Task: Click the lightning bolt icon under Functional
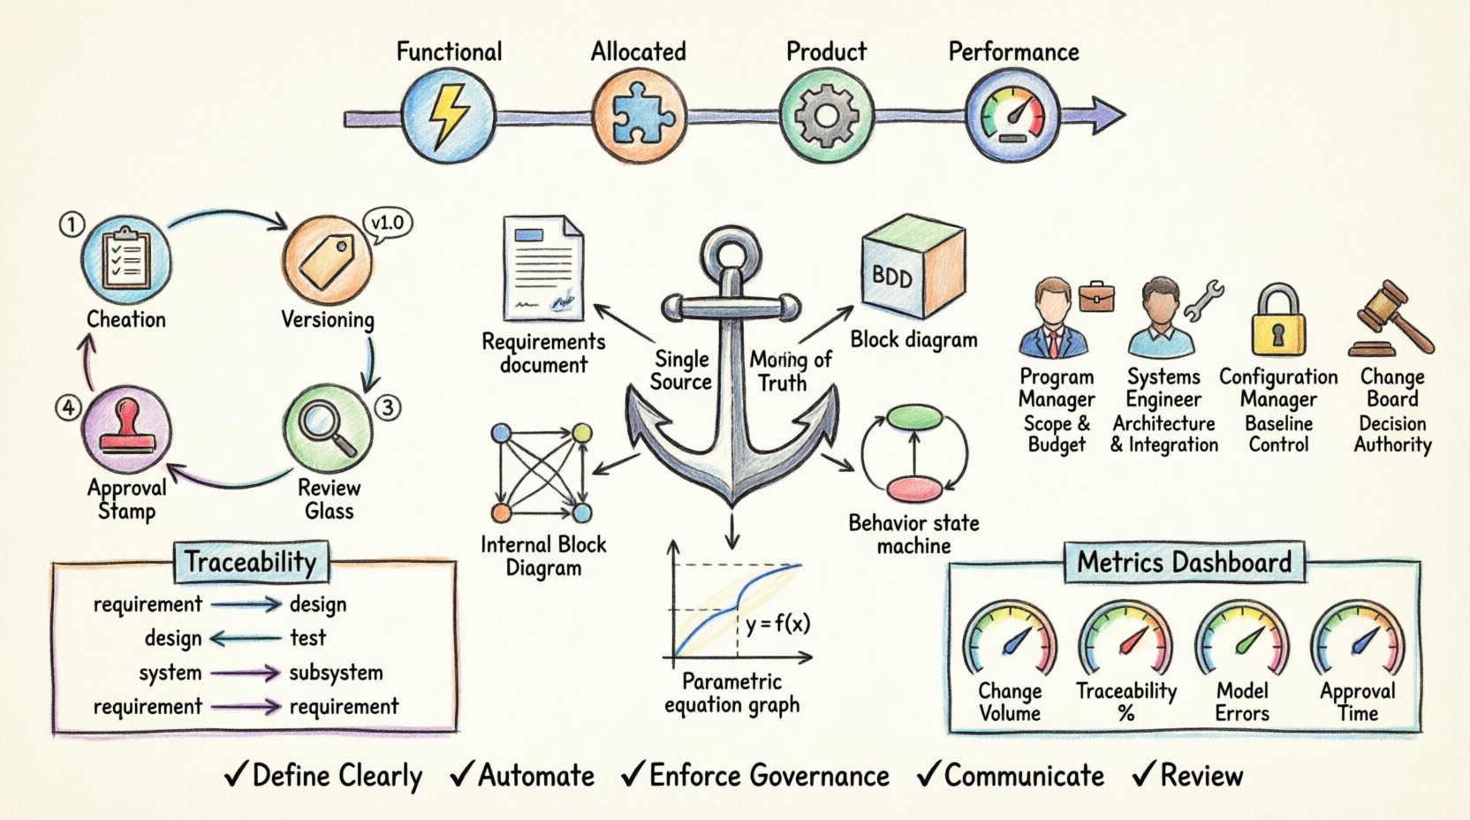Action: coord(448,116)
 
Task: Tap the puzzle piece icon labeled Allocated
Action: coord(638,116)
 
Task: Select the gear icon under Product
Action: coord(826,116)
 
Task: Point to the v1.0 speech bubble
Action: coord(387,224)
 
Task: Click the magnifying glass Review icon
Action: coord(327,428)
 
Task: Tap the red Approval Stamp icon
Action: coord(126,428)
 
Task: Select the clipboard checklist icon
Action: coord(125,258)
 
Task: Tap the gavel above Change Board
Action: coord(1392,318)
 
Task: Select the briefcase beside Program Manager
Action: coord(1096,297)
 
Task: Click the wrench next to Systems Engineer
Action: coord(1204,300)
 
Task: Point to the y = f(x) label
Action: coord(777,625)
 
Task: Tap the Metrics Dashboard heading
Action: coord(1184,563)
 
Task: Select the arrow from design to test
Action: coord(246,638)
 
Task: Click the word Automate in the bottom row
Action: coord(536,776)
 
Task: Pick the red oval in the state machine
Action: coord(914,489)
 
